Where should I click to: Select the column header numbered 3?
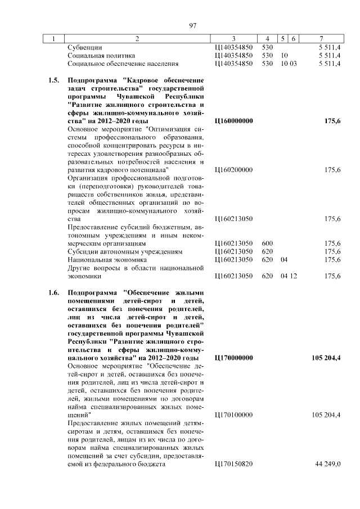point(233,39)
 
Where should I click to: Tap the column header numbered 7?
point(321,39)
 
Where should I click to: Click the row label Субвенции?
point(85,48)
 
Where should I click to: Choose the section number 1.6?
point(53,292)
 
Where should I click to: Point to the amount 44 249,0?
point(327,464)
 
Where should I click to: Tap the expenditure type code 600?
point(267,243)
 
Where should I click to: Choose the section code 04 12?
point(289,276)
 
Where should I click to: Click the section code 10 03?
point(289,64)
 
